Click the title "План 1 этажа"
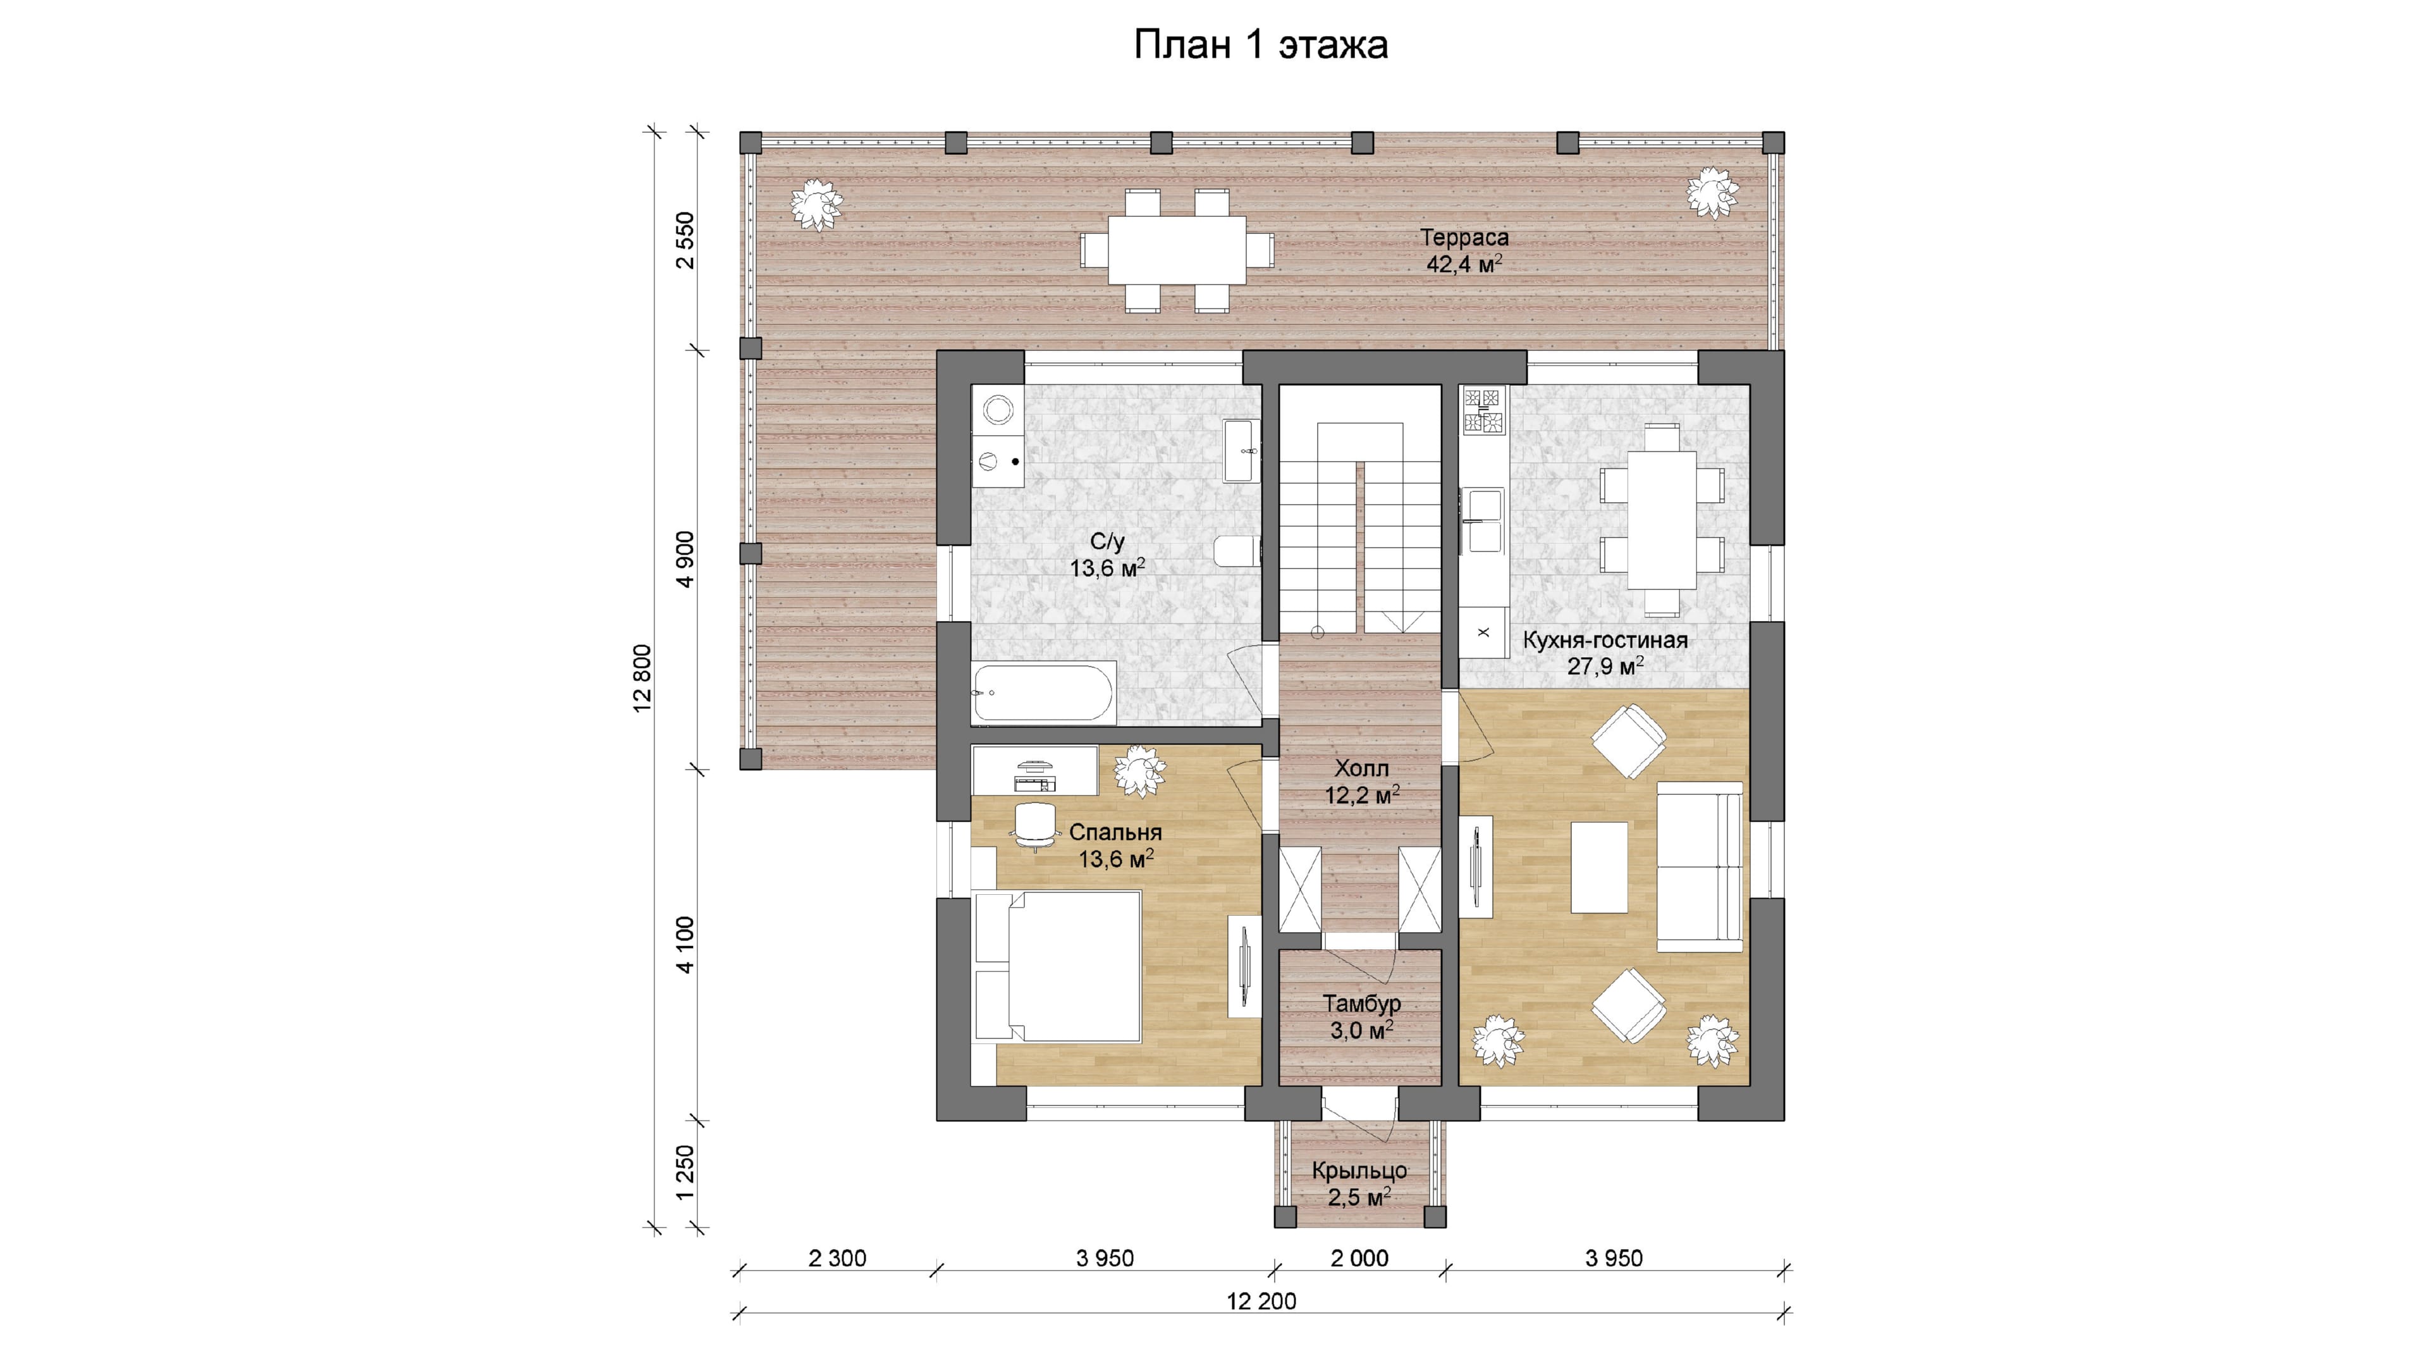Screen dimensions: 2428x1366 point(1260,44)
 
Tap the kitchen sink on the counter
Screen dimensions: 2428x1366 point(1483,519)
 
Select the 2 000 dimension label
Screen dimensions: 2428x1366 point(1359,1258)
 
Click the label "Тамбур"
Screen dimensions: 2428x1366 point(1361,1004)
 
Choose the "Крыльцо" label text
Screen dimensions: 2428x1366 point(1359,1171)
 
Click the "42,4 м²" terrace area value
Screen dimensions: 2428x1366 point(1464,264)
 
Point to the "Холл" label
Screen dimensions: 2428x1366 point(1361,768)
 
